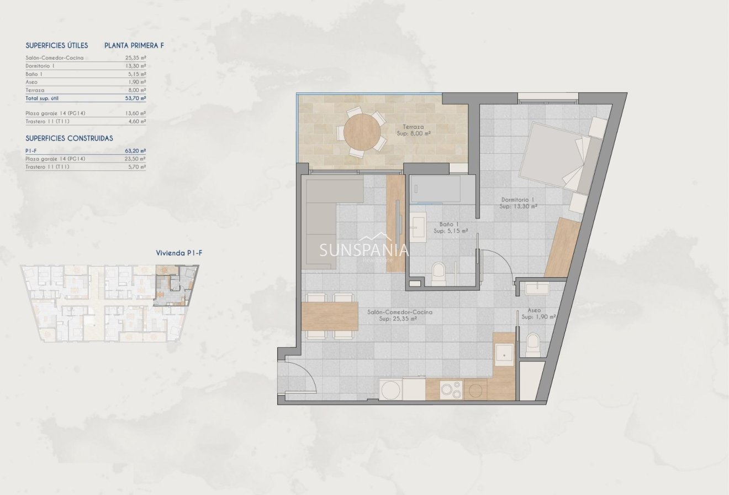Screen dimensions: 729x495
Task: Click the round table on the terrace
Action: (362, 132)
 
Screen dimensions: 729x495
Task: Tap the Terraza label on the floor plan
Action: (413, 127)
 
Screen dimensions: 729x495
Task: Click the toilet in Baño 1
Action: (439, 274)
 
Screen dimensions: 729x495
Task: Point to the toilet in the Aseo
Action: (533, 345)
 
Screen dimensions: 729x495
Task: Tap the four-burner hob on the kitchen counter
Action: (451, 390)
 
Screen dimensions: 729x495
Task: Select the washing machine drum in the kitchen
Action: (390, 390)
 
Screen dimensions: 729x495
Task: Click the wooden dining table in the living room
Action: (330, 316)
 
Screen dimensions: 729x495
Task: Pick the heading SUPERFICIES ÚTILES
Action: (57, 45)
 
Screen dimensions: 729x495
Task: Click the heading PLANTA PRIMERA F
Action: (134, 45)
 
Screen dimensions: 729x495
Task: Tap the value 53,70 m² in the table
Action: (136, 98)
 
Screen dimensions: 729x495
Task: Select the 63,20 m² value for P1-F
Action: (135, 151)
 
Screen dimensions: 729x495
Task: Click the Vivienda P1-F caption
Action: (179, 253)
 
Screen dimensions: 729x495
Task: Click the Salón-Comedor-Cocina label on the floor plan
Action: (400, 312)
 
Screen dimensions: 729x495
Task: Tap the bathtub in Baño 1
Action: (435, 189)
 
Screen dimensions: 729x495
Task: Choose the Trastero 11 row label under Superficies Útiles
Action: (47, 121)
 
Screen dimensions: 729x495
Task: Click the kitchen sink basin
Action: (504, 355)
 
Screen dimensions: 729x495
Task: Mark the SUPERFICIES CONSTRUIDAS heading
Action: (70, 138)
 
